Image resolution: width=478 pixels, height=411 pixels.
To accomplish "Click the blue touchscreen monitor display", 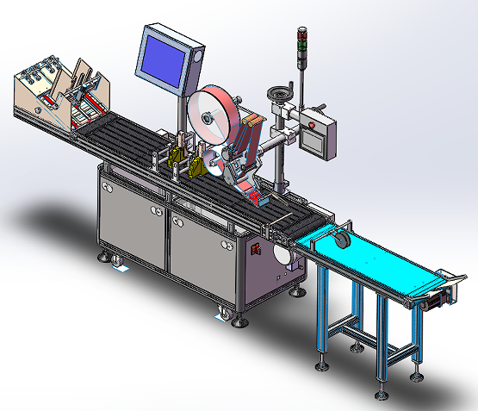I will click(163, 55).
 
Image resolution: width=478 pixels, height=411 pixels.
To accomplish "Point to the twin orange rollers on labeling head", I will click(250, 138).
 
